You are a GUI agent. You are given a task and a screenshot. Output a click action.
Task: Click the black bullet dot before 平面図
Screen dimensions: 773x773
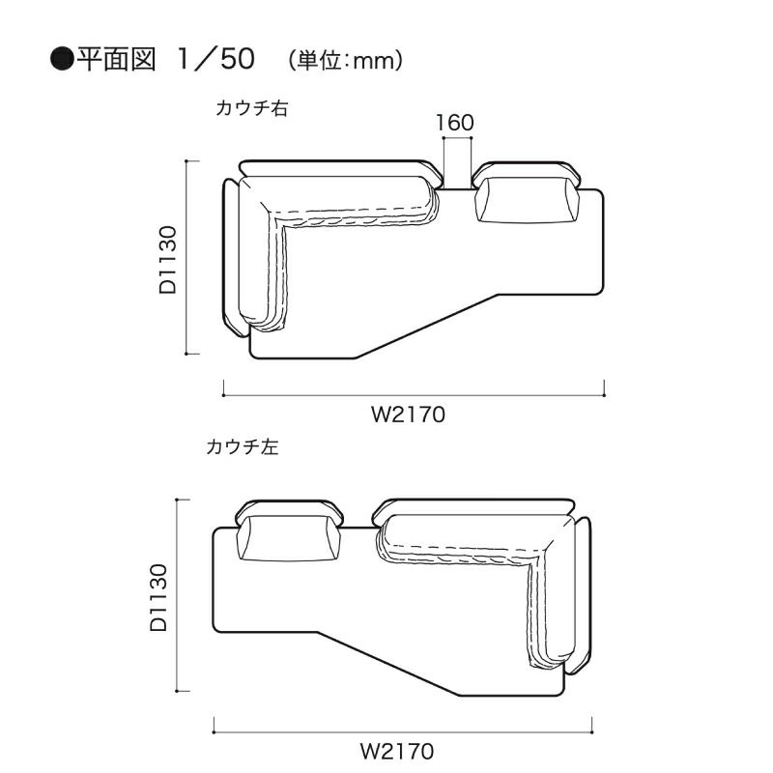pos(62,60)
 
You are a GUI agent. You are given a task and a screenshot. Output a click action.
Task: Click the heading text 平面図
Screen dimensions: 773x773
pos(116,60)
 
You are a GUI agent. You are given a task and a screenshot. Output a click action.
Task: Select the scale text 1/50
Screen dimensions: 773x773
pos(215,59)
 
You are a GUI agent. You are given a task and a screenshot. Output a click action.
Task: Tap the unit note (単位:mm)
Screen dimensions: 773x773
pos(346,61)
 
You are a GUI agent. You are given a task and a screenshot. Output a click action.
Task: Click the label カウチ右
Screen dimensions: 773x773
pos(251,108)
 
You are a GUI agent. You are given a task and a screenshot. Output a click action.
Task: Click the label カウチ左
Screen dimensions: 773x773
pos(243,446)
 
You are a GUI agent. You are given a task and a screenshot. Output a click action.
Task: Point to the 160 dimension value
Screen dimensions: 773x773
pos(455,123)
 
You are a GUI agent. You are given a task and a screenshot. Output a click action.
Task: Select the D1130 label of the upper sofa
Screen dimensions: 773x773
pos(168,260)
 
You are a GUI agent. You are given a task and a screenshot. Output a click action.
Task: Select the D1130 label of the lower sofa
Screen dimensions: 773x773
pos(158,597)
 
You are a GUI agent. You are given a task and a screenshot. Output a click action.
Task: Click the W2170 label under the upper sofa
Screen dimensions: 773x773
pos(408,415)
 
